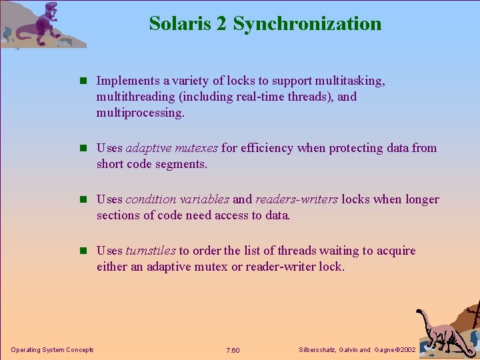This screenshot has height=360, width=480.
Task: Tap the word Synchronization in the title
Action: pos(307,24)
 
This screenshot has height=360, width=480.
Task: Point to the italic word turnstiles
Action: pos(151,251)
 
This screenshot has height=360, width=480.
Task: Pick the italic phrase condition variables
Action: pos(177,199)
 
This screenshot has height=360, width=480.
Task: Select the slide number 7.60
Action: pos(233,350)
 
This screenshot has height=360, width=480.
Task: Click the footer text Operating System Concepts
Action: pos(53,350)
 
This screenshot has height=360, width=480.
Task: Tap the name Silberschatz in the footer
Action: pos(316,350)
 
